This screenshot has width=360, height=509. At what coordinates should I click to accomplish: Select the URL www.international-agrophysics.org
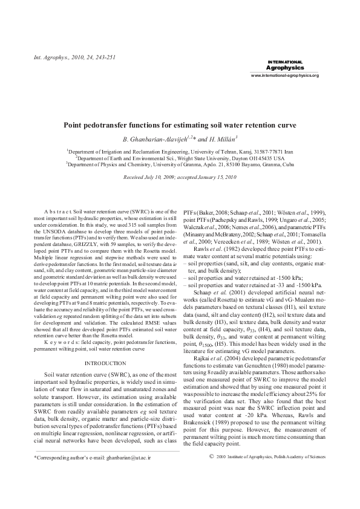[x=284, y=75]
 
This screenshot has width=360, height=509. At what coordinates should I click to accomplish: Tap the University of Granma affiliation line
[x=180, y=162]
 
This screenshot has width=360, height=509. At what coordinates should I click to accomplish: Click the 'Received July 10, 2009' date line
[x=180, y=178]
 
